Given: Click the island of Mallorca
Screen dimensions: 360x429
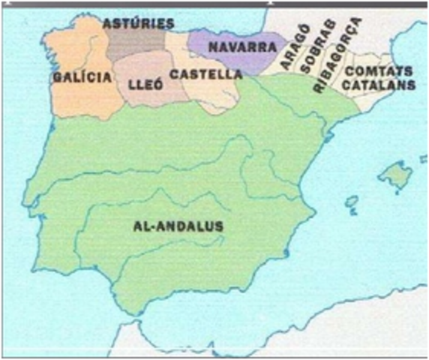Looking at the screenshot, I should (395, 175).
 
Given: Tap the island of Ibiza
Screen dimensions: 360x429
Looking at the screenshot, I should (349, 201).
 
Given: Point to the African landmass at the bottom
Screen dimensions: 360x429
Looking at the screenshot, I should (187, 341).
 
